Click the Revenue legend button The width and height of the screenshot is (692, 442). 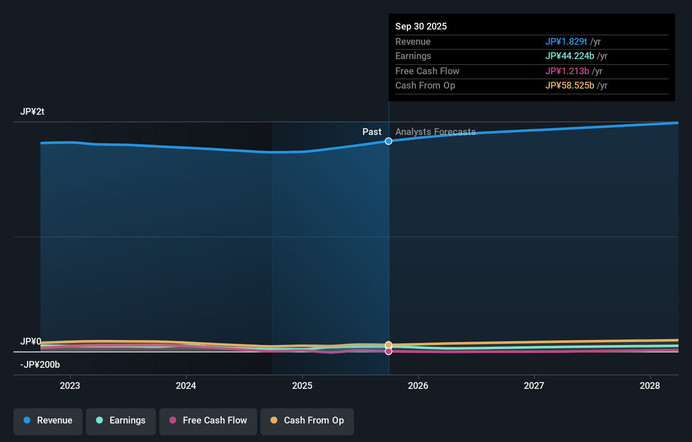tap(48, 420)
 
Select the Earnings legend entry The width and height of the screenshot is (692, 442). tap(121, 420)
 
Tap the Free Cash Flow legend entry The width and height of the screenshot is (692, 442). tap(208, 420)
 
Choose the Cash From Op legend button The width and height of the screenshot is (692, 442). tap(307, 420)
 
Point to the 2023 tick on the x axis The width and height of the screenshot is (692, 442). tap(70, 385)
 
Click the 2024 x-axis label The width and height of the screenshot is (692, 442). tap(186, 385)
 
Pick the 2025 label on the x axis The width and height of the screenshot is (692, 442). tap(302, 385)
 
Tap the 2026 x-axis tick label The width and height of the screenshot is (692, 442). tap(418, 385)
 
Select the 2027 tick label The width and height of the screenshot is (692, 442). tap(534, 385)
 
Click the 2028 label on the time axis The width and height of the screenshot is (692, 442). tap(650, 385)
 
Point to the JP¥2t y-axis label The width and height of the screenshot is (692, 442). tap(32, 112)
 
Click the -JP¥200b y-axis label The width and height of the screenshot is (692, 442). tap(40, 364)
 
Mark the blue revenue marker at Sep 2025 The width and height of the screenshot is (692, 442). tap(389, 141)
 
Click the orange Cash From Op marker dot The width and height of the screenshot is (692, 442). tap(389, 345)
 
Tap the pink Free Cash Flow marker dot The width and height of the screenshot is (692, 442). tap(389, 351)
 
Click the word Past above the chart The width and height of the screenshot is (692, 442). tap(372, 132)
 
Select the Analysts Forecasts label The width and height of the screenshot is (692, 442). tap(435, 132)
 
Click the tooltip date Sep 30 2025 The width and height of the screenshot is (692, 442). tap(421, 26)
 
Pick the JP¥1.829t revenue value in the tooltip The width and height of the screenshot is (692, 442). tap(566, 41)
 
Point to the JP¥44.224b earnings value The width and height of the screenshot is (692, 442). tap(569, 56)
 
